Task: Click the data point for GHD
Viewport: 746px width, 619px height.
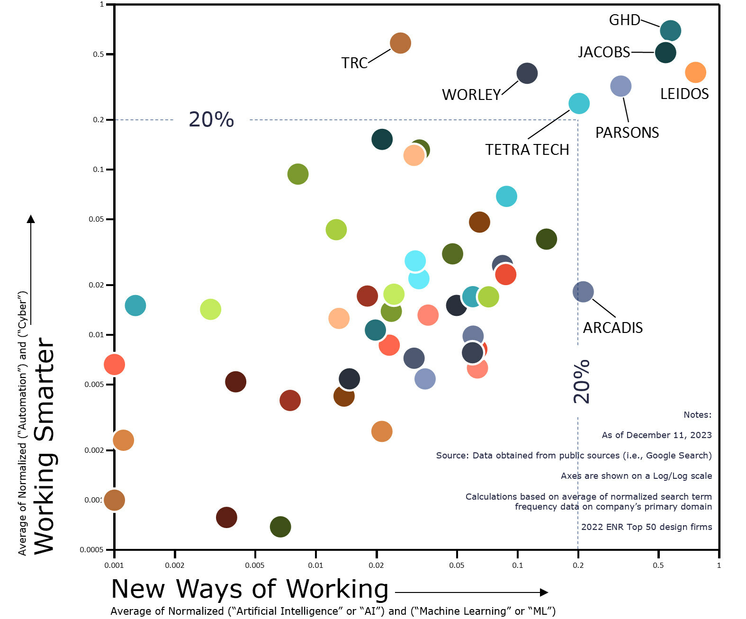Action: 670,31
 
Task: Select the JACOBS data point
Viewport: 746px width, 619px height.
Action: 665,53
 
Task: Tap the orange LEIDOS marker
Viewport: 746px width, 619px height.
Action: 695,72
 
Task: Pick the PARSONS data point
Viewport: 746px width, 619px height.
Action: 620,86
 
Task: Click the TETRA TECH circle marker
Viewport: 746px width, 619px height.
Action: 579,103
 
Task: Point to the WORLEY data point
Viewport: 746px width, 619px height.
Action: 527,73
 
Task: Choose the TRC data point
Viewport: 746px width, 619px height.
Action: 400,43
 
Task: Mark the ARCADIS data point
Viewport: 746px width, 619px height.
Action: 583,292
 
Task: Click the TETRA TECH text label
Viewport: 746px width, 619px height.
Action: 527,150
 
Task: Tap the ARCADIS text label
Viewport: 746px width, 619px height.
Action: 612,328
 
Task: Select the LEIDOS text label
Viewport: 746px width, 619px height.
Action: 684,94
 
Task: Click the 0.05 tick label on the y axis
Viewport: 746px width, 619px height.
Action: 96,219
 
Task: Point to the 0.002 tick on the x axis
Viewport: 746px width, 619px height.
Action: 174,565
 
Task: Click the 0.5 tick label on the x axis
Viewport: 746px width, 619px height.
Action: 658,565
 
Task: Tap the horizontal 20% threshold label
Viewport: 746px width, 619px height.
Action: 211,119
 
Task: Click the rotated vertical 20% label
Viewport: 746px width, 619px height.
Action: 582,382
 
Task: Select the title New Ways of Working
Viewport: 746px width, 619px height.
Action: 250,589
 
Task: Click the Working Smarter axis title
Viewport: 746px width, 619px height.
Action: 45,445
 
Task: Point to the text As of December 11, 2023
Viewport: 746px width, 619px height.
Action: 656,435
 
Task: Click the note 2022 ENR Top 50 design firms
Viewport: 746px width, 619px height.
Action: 646,527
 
